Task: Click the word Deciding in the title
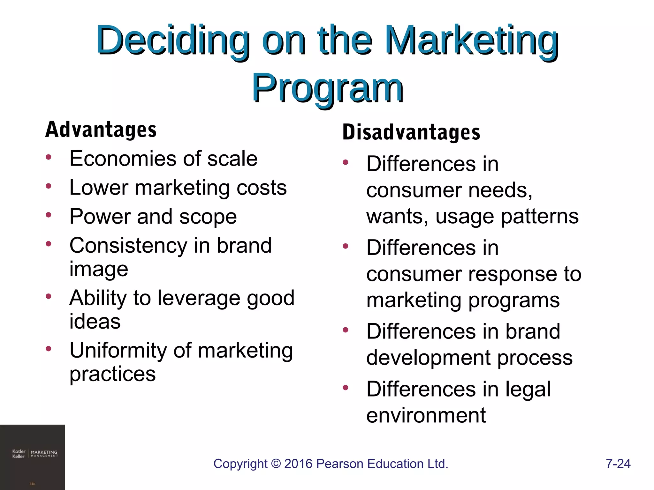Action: tap(172, 41)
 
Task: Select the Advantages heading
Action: tap(101, 130)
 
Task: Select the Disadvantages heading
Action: tap(411, 132)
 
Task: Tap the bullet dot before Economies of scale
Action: tap(49, 157)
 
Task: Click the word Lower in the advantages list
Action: tap(98, 188)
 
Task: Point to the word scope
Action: tap(208, 217)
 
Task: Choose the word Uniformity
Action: tap(118, 351)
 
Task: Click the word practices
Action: tap(112, 374)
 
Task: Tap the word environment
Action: tap(426, 416)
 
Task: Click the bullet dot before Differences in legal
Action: tap(345, 388)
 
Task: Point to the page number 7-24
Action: tap(618, 464)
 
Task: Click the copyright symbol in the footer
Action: tap(276, 464)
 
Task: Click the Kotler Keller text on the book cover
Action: tap(19, 454)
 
